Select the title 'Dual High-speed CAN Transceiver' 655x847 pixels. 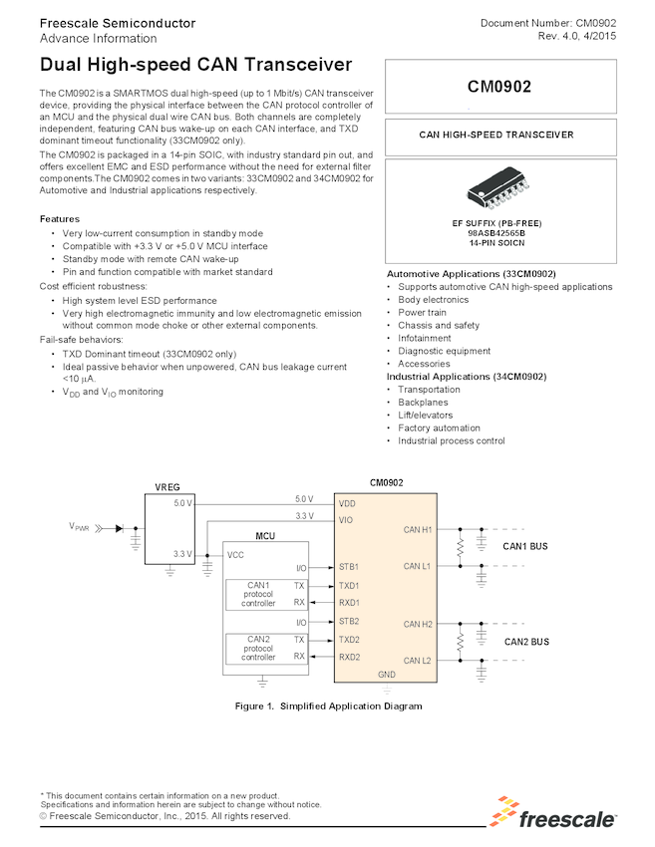(x=196, y=65)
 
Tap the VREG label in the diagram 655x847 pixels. (x=168, y=486)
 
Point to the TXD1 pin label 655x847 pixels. (x=349, y=585)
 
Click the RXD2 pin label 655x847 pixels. (x=350, y=657)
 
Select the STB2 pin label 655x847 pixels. (x=349, y=621)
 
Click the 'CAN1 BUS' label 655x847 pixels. (x=525, y=546)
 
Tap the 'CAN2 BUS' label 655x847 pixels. (x=525, y=642)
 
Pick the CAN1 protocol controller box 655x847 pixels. (x=258, y=594)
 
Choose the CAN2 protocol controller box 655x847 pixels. (x=258, y=648)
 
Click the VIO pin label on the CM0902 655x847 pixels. (x=346, y=520)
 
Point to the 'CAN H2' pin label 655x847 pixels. (x=418, y=625)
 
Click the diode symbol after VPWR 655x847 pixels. (x=120, y=529)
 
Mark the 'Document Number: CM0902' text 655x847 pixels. (x=547, y=23)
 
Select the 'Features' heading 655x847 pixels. (x=60, y=218)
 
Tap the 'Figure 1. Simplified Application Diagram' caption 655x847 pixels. (x=328, y=706)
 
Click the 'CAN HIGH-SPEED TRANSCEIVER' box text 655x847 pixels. (x=495, y=135)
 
